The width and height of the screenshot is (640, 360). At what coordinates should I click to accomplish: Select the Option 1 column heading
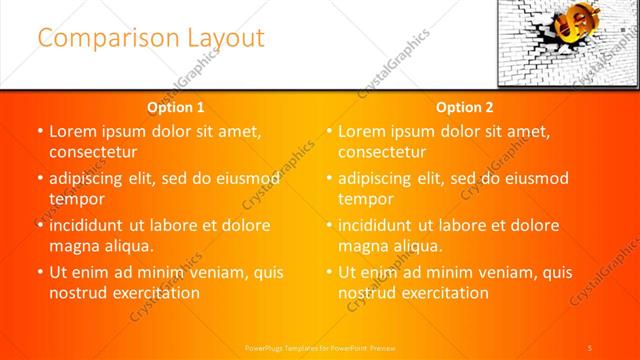click(175, 107)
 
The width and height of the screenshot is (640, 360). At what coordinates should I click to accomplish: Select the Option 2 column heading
click(465, 107)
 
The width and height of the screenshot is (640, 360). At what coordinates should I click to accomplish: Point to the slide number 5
click(592, 347)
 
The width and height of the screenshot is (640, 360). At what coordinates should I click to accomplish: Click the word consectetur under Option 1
click(92, 152)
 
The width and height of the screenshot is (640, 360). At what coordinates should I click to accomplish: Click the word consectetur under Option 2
click(382, 152)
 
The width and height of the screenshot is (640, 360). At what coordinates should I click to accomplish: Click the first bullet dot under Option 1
click(39, 131)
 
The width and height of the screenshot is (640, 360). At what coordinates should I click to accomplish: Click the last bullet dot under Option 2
click(329, 272)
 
